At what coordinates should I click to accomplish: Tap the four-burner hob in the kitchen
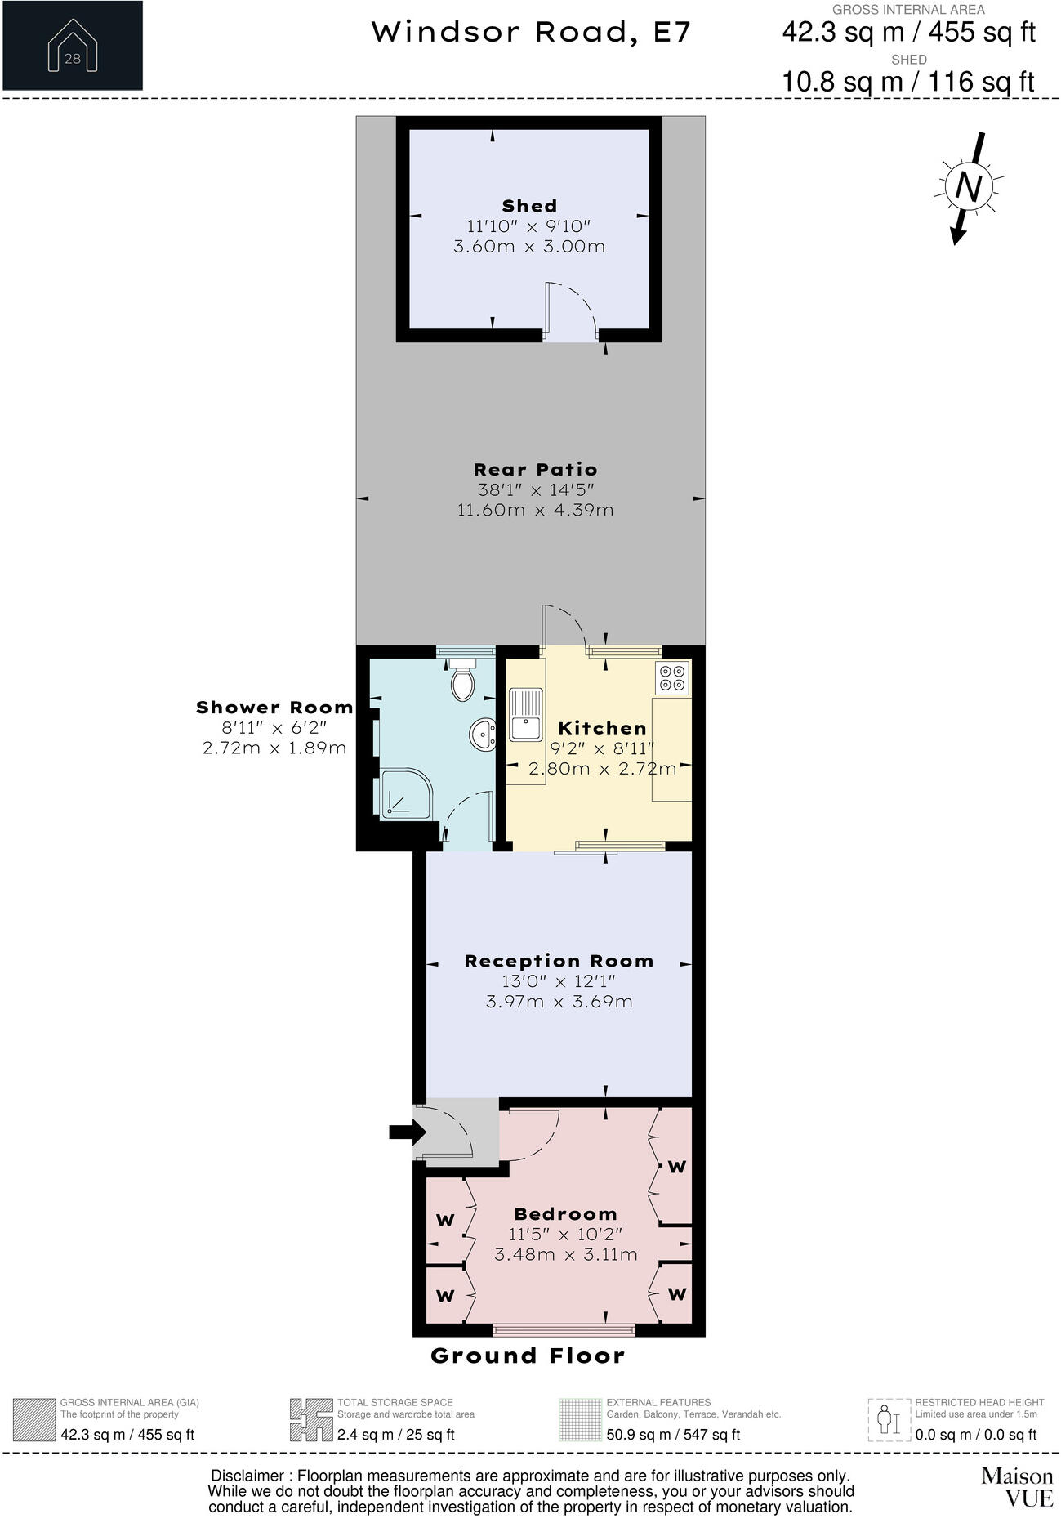[x=672, y=677]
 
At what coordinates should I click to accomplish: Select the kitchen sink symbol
[x=525, y=714]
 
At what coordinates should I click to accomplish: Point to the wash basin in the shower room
[x=483, y=735]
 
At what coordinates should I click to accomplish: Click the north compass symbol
[x=968, y=188]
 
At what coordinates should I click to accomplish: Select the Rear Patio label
[x=536, y=469]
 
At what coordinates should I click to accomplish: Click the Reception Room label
[x=559, y=961]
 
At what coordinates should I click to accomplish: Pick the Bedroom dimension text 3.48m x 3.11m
[x=565, y=1254]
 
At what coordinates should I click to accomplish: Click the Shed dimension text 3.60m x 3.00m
[x=529, y=246]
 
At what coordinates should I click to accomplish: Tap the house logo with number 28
[x=72, y=46]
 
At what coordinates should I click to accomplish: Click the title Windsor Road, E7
[x=531, y=33]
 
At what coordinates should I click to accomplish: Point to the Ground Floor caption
[x=528, y=1356]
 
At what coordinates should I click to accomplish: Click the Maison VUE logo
[x=1016, y=1486]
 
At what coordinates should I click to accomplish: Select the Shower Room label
[x=274, y=708]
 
